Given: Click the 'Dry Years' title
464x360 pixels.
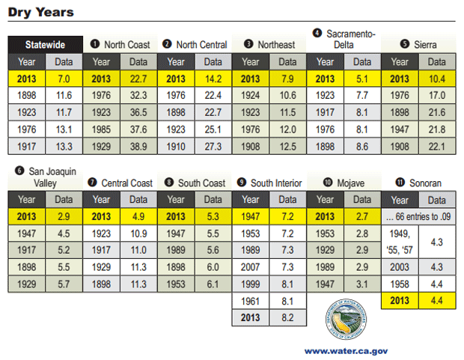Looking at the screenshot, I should pyautogui.click(x=41, y=11).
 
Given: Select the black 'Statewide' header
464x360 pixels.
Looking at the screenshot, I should pyautogui.click(x=44, y=44).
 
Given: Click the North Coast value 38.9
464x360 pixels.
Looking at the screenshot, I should pyautogui.click(x=138, y=146).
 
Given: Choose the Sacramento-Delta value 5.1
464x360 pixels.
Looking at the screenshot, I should pyautogui.click(x=362, y=79).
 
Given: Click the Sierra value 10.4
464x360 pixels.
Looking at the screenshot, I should pyautogui.click(x=437, y=79).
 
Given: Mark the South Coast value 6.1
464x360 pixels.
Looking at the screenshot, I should pyautogui.click(x=213, y=284).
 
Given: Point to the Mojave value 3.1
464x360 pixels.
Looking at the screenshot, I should pyautogui.click(x=362, y=284).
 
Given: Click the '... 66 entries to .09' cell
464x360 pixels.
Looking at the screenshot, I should pyautogui.click(x=418, y=216).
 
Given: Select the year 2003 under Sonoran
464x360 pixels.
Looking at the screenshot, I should pyautogui.click(x=400, y=266).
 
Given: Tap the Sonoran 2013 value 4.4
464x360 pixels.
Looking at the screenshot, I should pyautogui.click(x=437, y=300).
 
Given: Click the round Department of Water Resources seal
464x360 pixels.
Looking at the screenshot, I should pyautogui.click(x=344, y=320).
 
